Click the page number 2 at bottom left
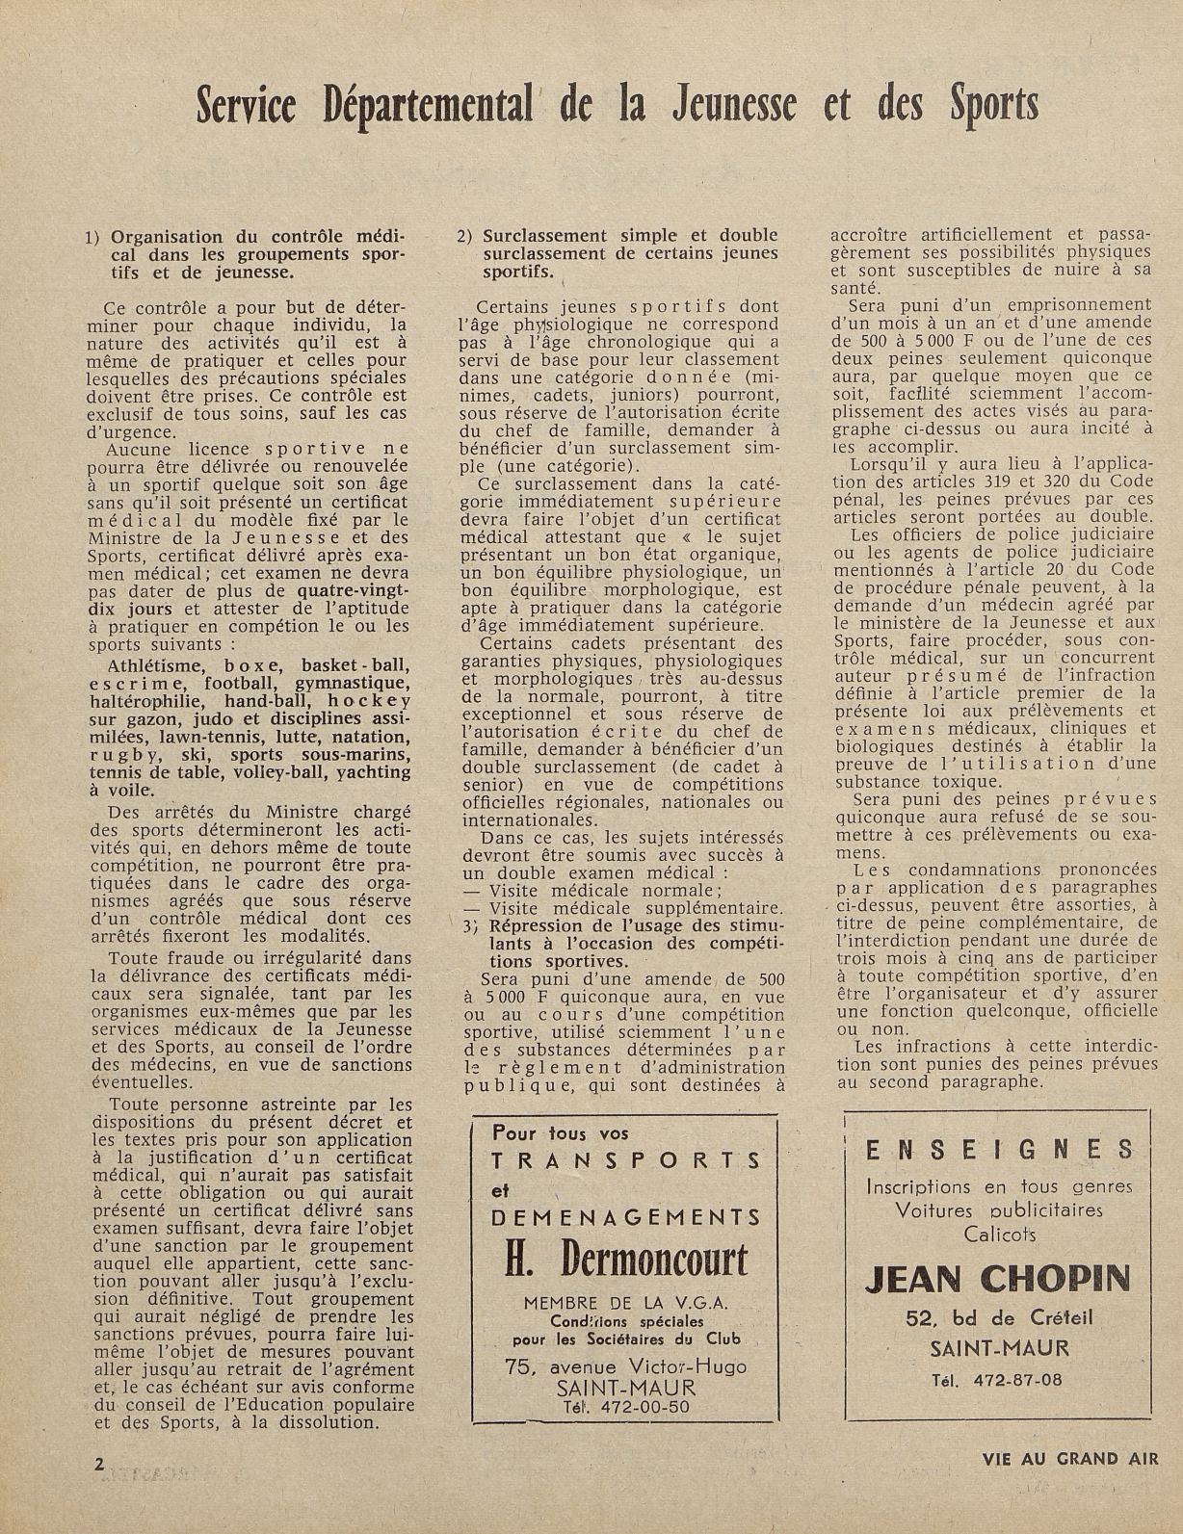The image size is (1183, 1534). click(x=99, y=1462)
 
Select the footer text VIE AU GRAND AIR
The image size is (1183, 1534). click(x=1069, y=1458)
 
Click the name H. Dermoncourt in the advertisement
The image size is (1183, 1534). click(x=626, y=1259)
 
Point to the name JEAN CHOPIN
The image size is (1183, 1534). click(x=997, y=1279)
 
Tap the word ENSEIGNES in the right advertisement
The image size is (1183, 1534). click(x=999, y=1150)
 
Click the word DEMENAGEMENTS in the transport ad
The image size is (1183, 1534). click(x=626, y=1218)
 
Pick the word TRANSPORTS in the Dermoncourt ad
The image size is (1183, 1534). click(x=626, y=1160)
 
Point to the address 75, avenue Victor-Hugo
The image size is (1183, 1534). click(x=626, y=1365)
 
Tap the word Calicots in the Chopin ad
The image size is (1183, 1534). click(x=999, y=1233)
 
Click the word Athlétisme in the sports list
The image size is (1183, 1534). click(x=155, y=665)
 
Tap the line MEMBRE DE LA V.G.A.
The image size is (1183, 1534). click(x=626, y=1303)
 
